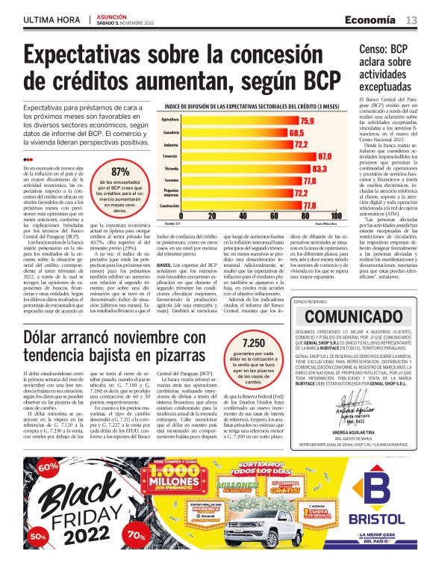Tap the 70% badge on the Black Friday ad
(137, 535)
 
